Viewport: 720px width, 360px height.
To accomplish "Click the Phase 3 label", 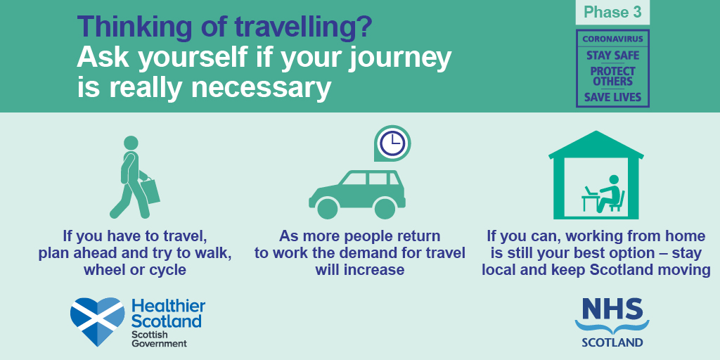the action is pos(612,13).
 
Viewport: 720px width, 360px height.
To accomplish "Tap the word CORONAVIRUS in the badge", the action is pos(612,39).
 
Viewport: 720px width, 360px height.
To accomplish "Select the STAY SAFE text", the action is pos(612,56).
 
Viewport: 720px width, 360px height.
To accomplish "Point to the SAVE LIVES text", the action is pos(612,97).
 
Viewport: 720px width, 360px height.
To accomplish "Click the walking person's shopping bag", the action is pos(150,191).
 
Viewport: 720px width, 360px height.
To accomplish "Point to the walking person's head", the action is pos(131,142).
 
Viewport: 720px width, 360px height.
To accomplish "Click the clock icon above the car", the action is pos(392,143).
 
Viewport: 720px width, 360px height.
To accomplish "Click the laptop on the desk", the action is pos(591,190).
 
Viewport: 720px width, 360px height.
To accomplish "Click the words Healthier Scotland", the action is pos(168,313).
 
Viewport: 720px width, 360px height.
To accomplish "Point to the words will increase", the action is pos(359,269).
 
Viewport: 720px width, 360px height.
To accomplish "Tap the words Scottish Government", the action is pos(159,338).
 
